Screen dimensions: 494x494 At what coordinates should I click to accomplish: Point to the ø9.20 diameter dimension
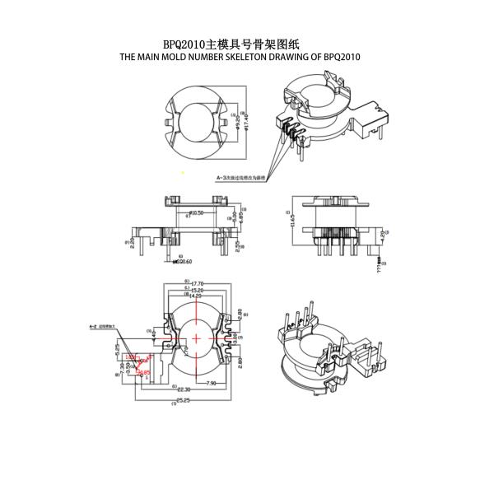[238, 123]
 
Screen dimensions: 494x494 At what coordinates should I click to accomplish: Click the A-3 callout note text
[240, 177]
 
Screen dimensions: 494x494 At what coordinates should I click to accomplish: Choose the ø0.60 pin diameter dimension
[184, 262]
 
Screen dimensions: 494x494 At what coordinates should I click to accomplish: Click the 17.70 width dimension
[198, 283]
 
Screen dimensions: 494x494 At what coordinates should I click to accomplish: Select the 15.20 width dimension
[198, 290]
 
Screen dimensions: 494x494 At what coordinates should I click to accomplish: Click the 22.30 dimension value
[182, 389]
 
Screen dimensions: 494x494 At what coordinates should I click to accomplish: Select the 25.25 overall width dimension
[182, 401]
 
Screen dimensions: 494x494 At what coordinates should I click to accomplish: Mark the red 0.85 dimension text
[143, 373]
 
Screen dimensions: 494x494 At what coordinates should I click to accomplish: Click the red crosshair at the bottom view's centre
[198, 338]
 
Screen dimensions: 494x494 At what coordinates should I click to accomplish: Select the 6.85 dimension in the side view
[240, 221]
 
